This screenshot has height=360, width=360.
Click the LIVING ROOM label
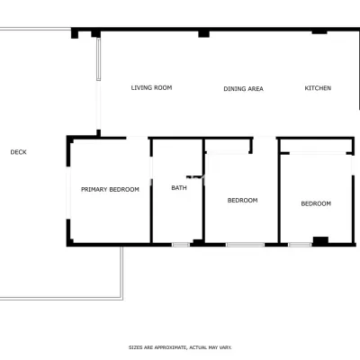pyautogui.click(x=151, y=87)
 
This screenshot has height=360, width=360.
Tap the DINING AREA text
pyautogui.click(x=243, y=89)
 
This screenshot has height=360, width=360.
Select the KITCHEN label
pyautogui.click(x=318, y=88)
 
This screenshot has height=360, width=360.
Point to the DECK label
pyautogui.click(x=19, y=152)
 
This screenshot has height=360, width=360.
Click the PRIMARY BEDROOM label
pyautogui.click(x=110, y=189)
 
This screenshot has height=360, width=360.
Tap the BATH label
pyautogui.click(x=179, y=188)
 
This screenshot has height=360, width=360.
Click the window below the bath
pyautogui.click(x=181, y=245)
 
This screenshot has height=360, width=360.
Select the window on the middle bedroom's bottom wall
pyautogui.click(x=246, y=245)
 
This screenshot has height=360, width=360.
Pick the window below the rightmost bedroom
pyautogui.click(x=300, y=245)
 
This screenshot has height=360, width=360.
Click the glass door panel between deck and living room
pyautogui.click(x=98, y=59)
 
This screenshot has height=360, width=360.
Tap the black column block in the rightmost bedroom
pyautogui.click(x=320, y=240)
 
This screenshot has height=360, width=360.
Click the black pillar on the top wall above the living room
pyautogui.click(x=203, y=33)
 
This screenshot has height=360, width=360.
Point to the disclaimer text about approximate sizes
pyautogui.click(x=180, y=347)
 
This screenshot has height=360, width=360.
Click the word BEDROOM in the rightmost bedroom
pyautogui.click(x=316, y=203)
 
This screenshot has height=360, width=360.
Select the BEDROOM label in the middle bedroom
pyautogui.click(x=242, y=200)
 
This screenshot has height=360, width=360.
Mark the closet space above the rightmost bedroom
pyautogui.click(x=316, y=146)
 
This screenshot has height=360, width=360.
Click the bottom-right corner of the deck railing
pyautogui.click(x=122, y=299)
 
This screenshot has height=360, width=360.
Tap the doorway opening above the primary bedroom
pyautogui.click(x=137, y=138)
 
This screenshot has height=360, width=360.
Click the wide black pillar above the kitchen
pyautogui.click(x=319, y=31)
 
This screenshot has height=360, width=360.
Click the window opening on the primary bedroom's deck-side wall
pyautogui.click(x=68, y=193)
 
